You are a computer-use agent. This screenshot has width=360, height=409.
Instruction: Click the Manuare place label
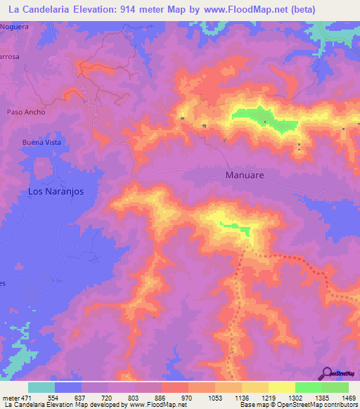tap(244, 175)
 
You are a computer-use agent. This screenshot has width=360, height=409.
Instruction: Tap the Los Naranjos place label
tap(56, 191)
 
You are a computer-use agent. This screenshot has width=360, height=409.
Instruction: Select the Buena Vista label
tap(41, 142)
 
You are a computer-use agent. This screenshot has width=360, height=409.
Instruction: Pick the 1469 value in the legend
tap(340, 397)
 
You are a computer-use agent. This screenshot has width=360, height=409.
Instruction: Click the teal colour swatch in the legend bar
tap(41, 387)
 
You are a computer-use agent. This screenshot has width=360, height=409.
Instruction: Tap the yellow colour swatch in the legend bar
tap(282, 387)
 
